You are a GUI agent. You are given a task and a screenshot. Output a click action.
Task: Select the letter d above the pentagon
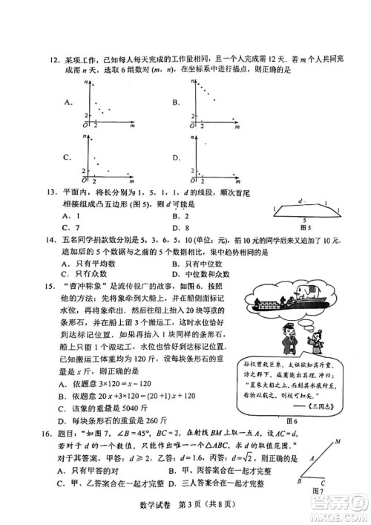(299, 201)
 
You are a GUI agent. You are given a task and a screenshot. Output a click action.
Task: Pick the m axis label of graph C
(131, 180)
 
